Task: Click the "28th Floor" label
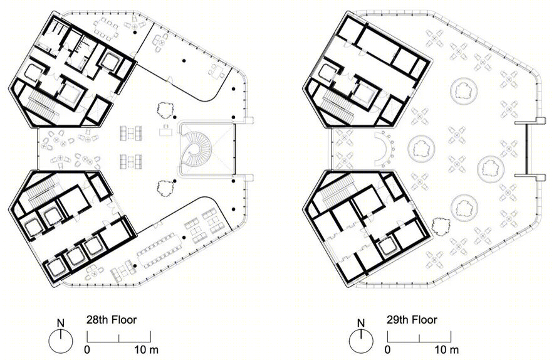[x=112, y=320]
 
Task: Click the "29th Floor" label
[x=412, y=320]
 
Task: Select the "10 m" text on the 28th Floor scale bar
[x=146, y=350]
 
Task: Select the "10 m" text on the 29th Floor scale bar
[x=447, y=350]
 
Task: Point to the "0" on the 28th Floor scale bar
[x=87, y=350]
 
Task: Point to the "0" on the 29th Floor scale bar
[x=387, y=350]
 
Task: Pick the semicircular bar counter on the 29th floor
[x=387, y=149]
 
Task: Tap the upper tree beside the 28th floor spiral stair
[x=165, y=109]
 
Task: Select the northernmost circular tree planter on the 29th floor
[x=464, y=90]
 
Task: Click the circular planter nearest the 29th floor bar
[x=421, y=149]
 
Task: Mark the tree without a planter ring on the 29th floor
[x=440, y=226]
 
